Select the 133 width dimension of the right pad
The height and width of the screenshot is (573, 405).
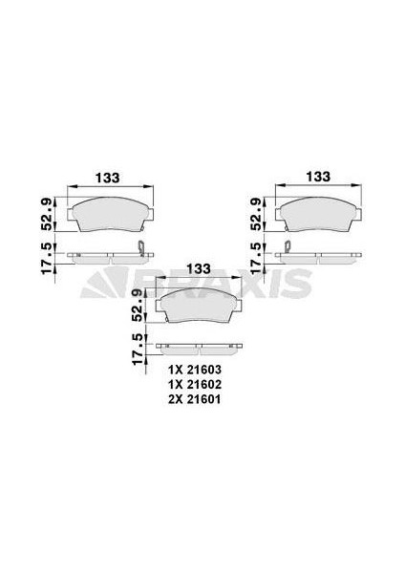pos(317,177)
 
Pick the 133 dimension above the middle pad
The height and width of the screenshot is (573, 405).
pos(199,268)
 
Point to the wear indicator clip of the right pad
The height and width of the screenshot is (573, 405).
pos(283,249)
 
